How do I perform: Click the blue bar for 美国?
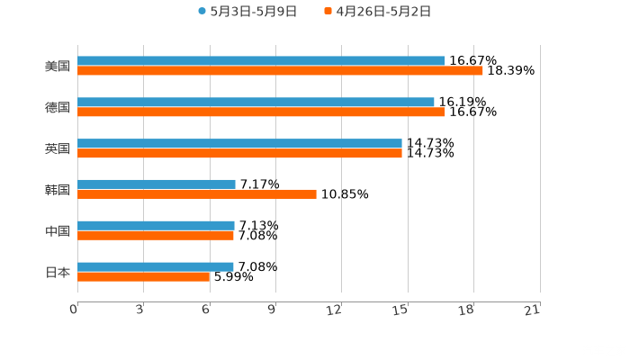[x=261, y=61]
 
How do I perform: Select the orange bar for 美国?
[x=280, y=71]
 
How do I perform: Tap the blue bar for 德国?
[x=256, y=103]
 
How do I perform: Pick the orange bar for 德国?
[x=261, y=112]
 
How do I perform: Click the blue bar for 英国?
[x=239, y=144]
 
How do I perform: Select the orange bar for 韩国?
[x=197, y=193]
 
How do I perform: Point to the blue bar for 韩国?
[x=157, y=184]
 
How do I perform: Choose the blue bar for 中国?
[x=156, y=226]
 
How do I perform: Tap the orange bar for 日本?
[x=144, y=276]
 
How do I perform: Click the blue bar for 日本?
[x=156, y=266]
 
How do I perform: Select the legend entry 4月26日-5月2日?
[x=382, y=12]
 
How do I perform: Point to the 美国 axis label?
[x=58, y=67]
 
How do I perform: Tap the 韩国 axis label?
[x=58, y=190]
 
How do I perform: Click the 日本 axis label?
[x=58, y=272]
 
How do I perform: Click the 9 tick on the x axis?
[x=272, y=310]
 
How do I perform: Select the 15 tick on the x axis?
[x=401, y=310]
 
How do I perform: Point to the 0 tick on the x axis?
[x=75, y=310]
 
